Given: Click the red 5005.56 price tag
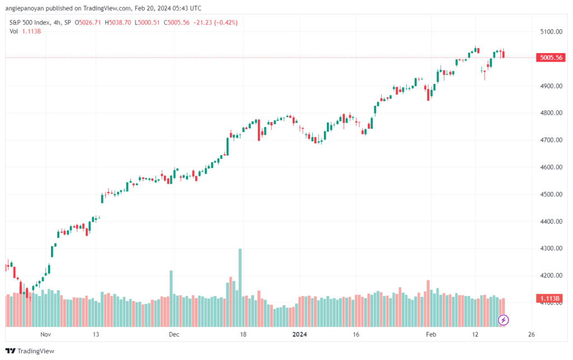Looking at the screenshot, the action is (x=551, y=57).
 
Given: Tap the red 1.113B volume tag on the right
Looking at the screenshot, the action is (x=551, y=298).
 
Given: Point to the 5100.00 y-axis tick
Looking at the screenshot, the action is (x=551, y=32).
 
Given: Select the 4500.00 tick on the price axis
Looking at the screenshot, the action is (x=551, y=194).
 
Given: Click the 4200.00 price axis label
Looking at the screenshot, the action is (x=551, y=275).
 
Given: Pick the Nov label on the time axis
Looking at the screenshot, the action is (x=46, y=334).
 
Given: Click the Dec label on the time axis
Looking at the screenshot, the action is (x=175, y=334).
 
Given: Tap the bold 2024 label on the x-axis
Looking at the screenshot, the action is (x=300, y=334).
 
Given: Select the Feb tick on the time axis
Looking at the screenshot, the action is (x=431, y=334).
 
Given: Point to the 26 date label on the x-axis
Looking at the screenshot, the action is (x=532, y=334).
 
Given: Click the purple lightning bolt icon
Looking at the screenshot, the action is (x=503, y=320).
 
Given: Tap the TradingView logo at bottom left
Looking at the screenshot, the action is (x=30, y=351).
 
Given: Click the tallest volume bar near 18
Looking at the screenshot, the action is (x=240, y=288).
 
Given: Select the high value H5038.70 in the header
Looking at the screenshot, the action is (x=118, y=22).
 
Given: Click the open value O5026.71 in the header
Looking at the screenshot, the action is (x=88, y=22).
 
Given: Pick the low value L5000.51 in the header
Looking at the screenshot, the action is (x=147, y=22).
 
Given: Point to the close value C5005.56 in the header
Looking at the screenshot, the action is (x=176, y=22).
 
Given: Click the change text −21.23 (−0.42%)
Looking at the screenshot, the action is (x=215, y=22).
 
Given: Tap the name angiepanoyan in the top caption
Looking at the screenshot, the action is (x=25, y=8).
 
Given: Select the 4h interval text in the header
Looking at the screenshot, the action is (x=57, y=22).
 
